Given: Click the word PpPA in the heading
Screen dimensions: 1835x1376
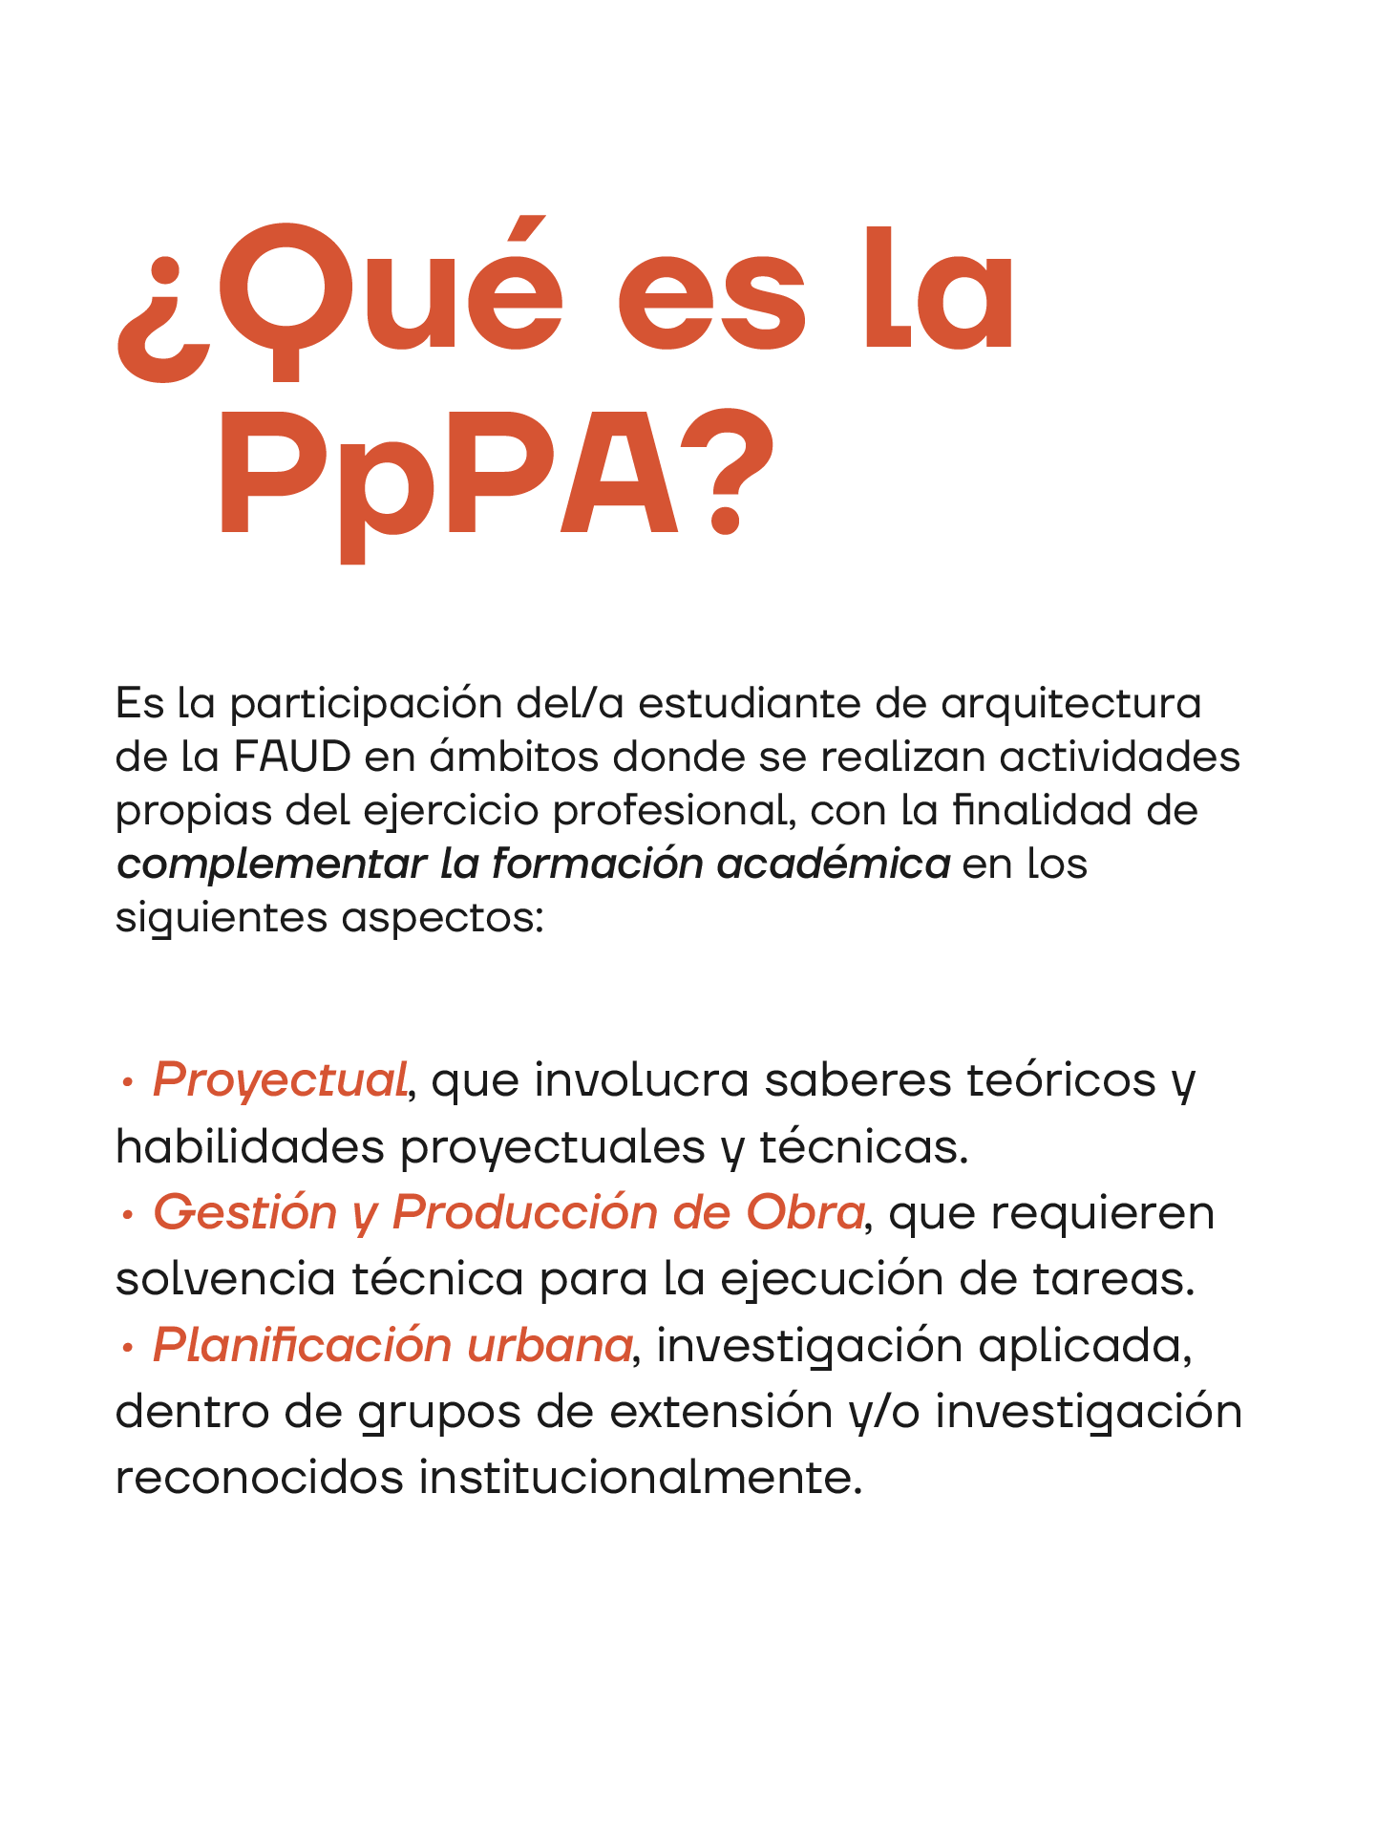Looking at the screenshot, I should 449,478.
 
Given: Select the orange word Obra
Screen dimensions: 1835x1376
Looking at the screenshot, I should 805,1213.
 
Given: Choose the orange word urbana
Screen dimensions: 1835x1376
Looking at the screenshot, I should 549,1346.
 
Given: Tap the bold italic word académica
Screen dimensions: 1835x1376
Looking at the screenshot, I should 833,864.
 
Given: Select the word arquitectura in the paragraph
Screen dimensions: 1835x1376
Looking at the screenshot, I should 1070,704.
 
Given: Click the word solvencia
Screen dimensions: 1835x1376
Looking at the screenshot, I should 225,1279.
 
